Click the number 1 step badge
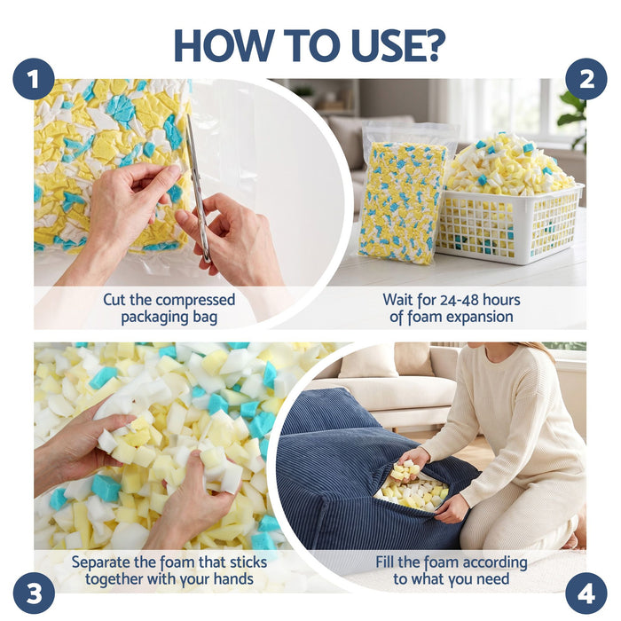[34, 79]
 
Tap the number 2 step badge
[586, 79]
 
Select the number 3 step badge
[34, 593]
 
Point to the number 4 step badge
[586, 593]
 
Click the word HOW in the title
[222, 45]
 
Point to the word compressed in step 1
[195, 300]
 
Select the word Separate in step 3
[101, 562]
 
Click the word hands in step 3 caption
[233, 579]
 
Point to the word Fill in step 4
[385, 562]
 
